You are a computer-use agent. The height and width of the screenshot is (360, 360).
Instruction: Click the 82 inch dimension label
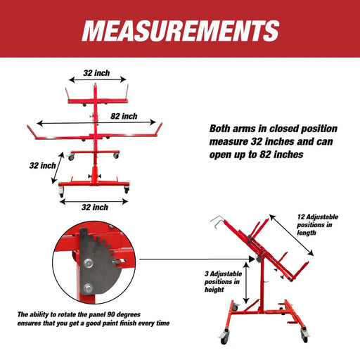[x=124, y=115]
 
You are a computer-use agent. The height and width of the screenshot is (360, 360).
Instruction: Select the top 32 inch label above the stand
[x=96, y=72]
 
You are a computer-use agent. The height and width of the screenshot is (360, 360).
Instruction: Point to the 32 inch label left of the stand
[x=43, y=166]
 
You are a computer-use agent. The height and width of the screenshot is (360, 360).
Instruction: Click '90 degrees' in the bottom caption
[x=135, y=314]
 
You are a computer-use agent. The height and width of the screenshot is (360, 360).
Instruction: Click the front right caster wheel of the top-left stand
[x=127, y=189]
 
